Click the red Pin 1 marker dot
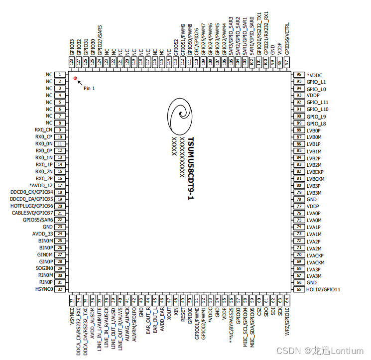75,79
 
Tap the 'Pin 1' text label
89,88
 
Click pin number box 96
299,74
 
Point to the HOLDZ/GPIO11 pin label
324,289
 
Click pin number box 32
60,289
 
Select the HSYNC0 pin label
44,289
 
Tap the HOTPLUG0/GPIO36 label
32,206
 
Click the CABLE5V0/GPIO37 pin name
32,213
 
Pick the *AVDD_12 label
41,185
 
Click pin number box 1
60,74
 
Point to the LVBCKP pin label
316,172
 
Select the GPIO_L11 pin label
317,102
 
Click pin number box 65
299,289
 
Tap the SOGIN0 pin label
45,268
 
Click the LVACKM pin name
316,262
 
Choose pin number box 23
60,227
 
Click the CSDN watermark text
286,351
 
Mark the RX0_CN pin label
44,130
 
